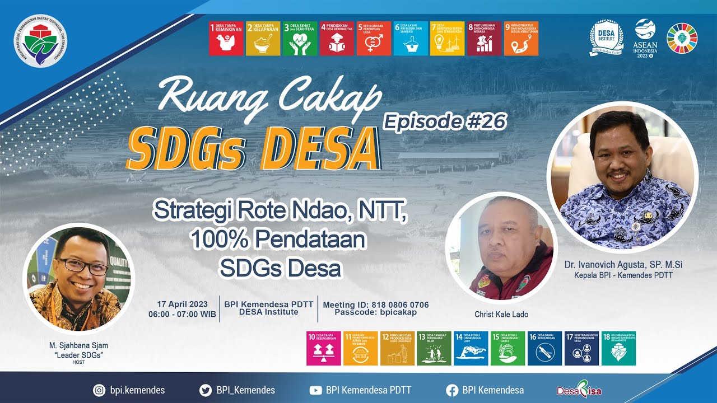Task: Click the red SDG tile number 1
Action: [x=226, y=39]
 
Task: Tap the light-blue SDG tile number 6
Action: [x=410, y=39]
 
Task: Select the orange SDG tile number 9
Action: [x=521, y=39]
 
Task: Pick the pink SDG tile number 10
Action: [x=323, y=348]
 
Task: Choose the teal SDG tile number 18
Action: [x=618, y=348]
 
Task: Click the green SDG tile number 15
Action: [x=508, y=348]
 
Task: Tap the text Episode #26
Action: [x=445, y=121]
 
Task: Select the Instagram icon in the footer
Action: [x=99, y=390]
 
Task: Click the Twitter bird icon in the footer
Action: [x=205, y=390]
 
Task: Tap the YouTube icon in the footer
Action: [x=315, y=390]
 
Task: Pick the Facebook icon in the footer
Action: [x=451, y=390]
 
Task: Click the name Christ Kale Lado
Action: [x=501, y=314]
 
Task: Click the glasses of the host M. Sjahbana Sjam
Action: [x=82, y=266]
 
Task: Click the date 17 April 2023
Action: [x=182, y=304]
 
